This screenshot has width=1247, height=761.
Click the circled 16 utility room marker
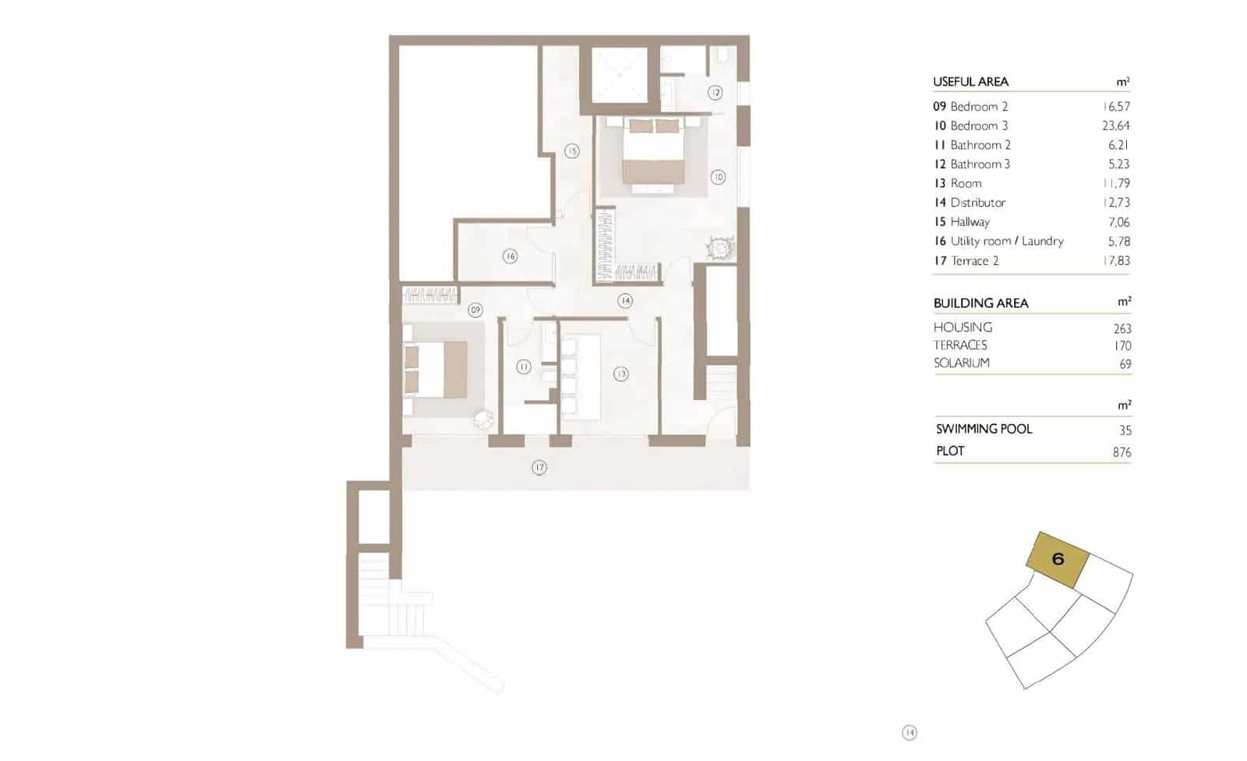point(510,256)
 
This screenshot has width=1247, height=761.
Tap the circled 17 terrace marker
point(539,468)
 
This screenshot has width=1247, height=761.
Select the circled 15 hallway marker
point(572,151)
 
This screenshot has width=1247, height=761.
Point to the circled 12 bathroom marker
point(715,93)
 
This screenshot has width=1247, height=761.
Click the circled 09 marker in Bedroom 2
point(475,310)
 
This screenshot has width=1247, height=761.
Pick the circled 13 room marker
point(620,374)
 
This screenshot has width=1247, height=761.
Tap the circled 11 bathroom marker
point(523,366)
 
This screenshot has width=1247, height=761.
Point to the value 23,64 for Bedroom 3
point(1116,126)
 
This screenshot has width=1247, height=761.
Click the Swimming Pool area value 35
point(1125,430)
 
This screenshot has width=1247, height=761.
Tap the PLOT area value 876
point(1122,452)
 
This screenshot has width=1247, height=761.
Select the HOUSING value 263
point(1122,329)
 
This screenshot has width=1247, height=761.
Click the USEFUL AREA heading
point(970,82)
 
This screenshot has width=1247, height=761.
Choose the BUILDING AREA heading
point(980,303)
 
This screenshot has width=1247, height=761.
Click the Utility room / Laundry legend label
point(1006,242)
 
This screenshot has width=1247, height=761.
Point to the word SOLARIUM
point(962,363)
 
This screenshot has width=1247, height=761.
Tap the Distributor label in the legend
point(977,203)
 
